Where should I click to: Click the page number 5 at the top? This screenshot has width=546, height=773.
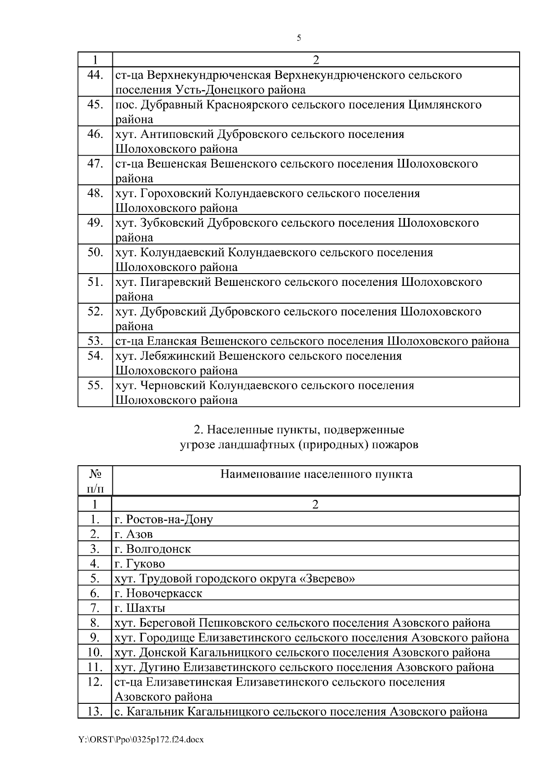[x=298, y=38]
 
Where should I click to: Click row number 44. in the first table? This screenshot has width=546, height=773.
[x=95, y=75]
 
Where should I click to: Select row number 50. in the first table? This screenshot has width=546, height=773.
[x=95, y=252]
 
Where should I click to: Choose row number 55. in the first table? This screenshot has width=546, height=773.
[x=95, y=385]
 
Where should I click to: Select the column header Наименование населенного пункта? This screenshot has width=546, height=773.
[x=316, y=474]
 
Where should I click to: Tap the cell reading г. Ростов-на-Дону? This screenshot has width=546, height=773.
[x=164, y=519]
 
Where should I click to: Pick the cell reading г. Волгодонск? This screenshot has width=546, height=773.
[x=153, y=549]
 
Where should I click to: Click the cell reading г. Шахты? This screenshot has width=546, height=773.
[x=140, y=608]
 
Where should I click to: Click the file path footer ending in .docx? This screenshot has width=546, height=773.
[x=141, y=740]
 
